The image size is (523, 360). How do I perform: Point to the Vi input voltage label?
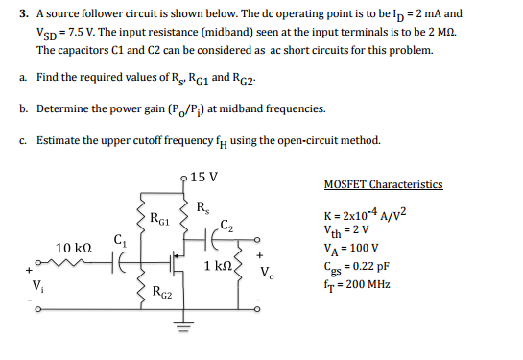(x=38, y=285)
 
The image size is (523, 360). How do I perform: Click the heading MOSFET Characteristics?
(x=384, y=183)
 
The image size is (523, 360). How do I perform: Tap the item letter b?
(x=21, y=108)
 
